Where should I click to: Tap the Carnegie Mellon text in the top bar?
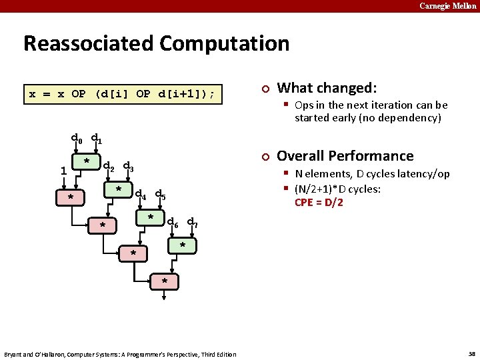tap(447, 6)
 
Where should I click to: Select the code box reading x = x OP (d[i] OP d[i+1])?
tap(122, 94)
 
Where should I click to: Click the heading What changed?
tap(327, 88)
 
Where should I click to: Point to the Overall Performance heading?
tap(345, 156)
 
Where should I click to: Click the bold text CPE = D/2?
tap(319, 203)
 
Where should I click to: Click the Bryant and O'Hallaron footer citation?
tap(120, 354)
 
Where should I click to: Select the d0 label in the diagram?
tap(77, 139)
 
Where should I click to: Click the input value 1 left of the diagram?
tap(63, 170)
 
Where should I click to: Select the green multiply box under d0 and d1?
tap(87, 163)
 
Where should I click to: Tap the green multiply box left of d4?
tap(119, 191)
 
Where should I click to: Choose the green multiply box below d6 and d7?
tap(183, 246)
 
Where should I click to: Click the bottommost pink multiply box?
tap(165, 281)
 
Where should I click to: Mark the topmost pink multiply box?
tap(71, 197)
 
